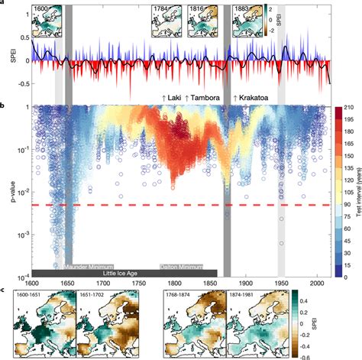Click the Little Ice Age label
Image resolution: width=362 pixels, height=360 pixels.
[124, 273]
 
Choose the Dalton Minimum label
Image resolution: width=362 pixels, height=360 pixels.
[181, 266]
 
